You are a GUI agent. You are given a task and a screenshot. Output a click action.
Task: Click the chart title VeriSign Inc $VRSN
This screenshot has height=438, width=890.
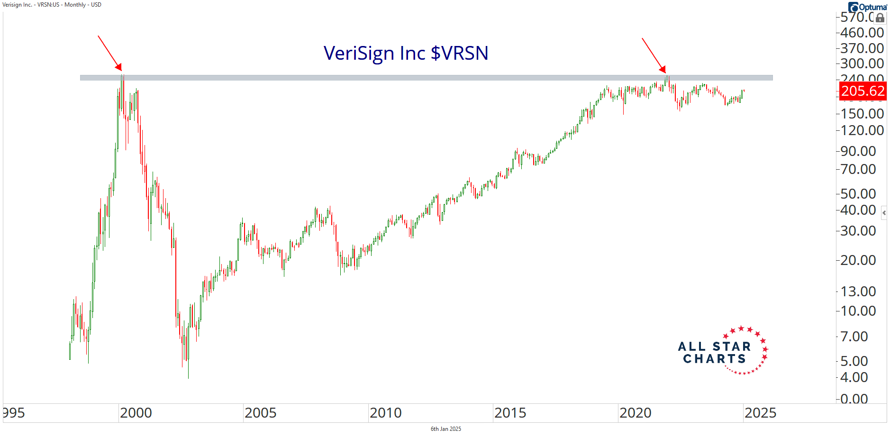tap(406, 53)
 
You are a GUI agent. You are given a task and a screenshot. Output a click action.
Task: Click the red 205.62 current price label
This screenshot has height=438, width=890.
tap(863, 91)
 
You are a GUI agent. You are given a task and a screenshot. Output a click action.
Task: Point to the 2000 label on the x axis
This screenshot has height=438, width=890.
tap(136, 413)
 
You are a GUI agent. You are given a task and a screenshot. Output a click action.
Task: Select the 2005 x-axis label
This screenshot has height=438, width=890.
tap(260, 413)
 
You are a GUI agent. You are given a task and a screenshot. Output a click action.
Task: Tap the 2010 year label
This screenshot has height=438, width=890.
tap(385, 413)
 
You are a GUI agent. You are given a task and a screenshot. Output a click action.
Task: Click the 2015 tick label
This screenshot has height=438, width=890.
tap(510, 413)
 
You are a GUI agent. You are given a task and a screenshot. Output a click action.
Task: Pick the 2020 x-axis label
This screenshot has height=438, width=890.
tap(635, 413)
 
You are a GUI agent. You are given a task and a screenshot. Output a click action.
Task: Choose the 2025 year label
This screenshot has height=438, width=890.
tap(760, 413)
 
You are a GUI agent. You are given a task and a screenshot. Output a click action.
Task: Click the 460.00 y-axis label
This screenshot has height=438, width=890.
tap(862, 33)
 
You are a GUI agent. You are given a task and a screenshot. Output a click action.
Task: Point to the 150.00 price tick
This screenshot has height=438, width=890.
tap(862, 114)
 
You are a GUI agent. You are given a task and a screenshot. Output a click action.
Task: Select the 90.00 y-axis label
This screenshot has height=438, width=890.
tap(858, 151)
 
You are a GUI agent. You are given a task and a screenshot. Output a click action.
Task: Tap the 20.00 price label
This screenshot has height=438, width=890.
tap(858, 260)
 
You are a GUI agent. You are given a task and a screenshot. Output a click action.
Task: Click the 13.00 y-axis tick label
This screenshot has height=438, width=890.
tap(858, 291)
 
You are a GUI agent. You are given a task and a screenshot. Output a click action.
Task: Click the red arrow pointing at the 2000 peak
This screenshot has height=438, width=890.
tap(110, 53)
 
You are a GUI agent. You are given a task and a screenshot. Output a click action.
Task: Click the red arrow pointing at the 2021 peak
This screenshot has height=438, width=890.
tap(654, 55)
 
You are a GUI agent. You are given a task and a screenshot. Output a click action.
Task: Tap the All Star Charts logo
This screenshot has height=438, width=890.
tap(722, 351)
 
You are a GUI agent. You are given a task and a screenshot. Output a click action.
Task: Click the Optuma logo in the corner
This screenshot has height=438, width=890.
tap(868, 7)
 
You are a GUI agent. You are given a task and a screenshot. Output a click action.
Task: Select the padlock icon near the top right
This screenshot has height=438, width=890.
tap(880, 18)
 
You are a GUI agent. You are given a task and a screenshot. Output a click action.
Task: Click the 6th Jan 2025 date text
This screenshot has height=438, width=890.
tap(445, 429)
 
